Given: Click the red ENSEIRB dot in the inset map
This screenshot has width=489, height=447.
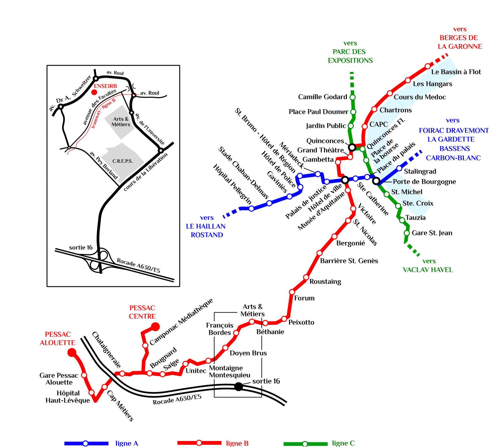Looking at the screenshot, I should [x=94, y=92].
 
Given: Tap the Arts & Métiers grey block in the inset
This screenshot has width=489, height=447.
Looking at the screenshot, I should [x=121, y=122].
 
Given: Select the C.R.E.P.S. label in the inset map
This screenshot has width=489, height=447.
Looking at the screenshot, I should [x=123, y=161].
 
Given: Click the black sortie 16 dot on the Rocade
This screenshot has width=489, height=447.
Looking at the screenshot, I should [x=238, y=386].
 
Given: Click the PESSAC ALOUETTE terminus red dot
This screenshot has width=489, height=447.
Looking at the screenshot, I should [x=72, y=352].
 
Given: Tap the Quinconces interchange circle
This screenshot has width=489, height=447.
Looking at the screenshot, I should [x=352, y=147].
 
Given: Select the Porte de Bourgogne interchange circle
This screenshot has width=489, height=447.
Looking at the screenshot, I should [x=376, y=181].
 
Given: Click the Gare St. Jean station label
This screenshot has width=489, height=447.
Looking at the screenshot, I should [x=432, y=233].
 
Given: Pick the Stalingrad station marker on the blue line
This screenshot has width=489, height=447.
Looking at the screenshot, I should [x=399, y=168].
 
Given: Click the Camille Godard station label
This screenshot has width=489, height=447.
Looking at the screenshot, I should [x=322, y=97].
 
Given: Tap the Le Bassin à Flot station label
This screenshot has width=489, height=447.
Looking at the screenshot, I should [x=456, y=72].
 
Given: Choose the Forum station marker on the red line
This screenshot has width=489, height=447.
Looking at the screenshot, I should [x=292, y=292].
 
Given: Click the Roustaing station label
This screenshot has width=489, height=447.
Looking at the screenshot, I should [x=325, y=281].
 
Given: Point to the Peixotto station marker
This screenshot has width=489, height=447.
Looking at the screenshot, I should [x=284, y=319].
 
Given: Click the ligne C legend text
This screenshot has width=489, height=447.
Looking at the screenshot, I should [x=343, y=443].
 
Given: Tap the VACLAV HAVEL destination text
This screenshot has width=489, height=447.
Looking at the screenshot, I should [x=428, y=270].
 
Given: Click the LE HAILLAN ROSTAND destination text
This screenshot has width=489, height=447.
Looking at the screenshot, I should [x=206, y=230].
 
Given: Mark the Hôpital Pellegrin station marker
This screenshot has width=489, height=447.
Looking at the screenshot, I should [x=251, y=208].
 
